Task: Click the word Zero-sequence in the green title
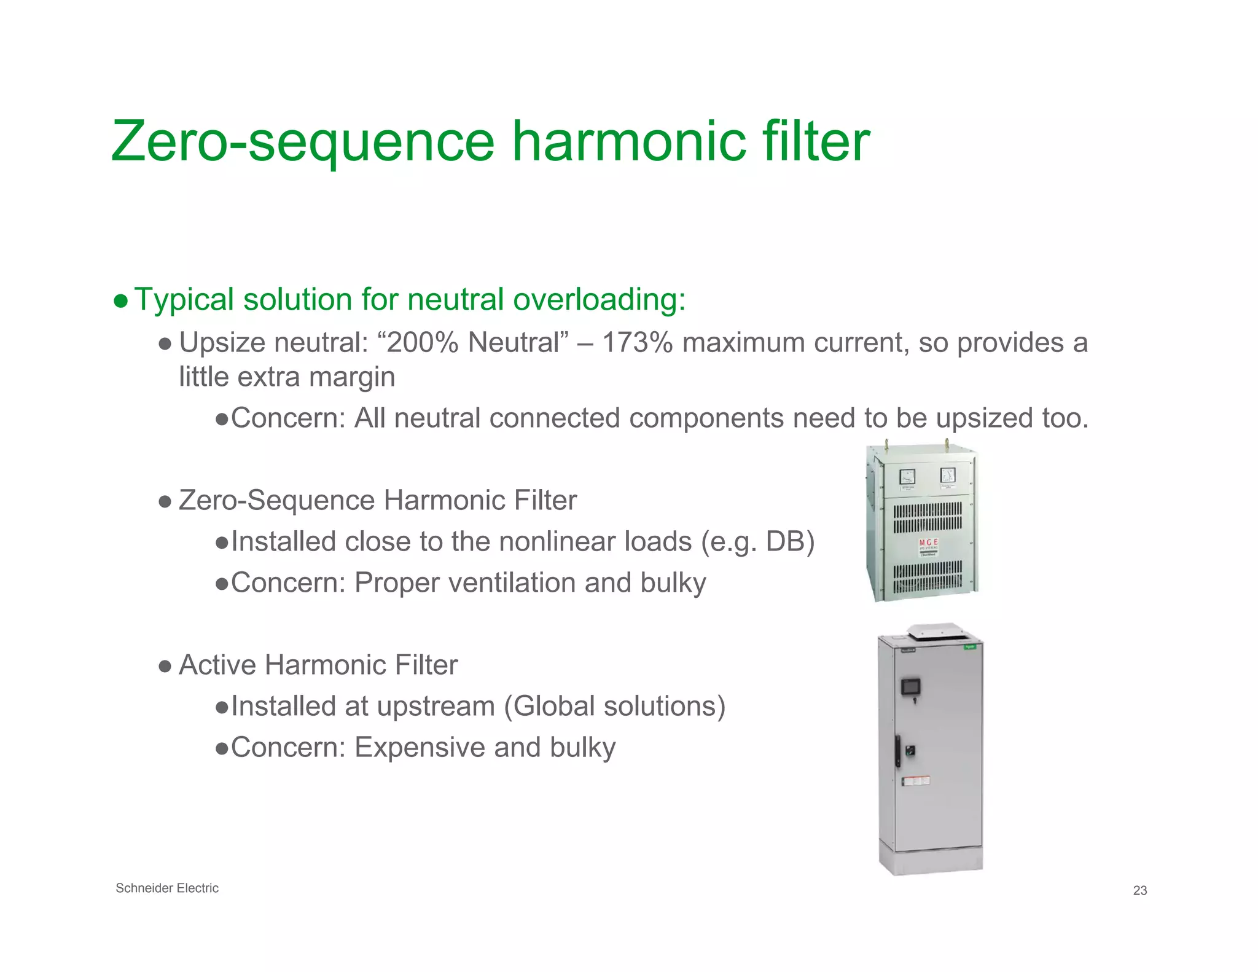coord(303,143)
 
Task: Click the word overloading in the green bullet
coord(599,300)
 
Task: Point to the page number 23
coord(1139,890)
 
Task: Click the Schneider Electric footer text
coord(167,888)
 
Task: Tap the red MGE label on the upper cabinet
coord(928,543)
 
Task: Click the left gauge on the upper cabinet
coord(907,476)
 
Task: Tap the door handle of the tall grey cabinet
coord(899,751)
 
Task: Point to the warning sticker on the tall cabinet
coord(915,781)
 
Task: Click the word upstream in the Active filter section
coord(436,707)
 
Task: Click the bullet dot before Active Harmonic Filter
coord(164,666)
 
